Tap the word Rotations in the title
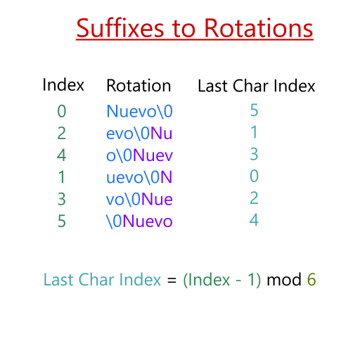258,29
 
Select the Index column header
63,85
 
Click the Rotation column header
139,86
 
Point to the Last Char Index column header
256,86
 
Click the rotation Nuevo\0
139,111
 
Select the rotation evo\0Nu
139,133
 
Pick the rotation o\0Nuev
139,155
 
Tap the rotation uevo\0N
139,176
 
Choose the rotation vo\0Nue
139,199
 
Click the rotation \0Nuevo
139,221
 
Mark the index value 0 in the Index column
63,111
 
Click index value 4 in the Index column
63,155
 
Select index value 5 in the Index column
63,221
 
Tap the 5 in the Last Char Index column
254,111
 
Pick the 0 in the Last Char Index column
254,176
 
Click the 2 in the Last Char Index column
254,199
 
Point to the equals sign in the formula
172,280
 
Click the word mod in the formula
284,279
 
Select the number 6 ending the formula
311,279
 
